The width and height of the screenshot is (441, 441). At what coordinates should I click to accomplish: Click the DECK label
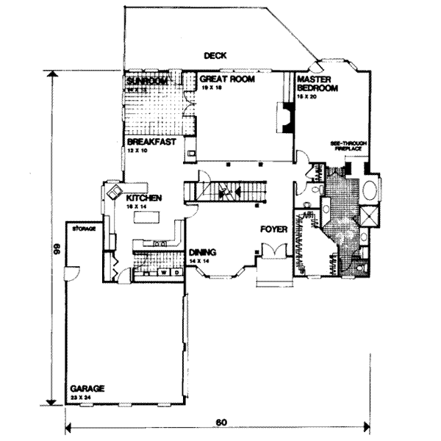tap(216, 55)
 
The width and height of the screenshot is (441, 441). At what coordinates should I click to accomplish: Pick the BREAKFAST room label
tap(151, 142)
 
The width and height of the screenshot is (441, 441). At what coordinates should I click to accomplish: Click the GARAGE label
tap(87, 388)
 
